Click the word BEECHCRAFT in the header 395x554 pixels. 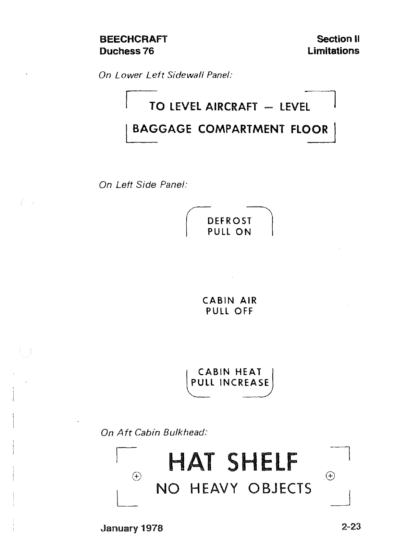click(133, 39)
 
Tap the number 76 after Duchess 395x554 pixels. click(148, 51)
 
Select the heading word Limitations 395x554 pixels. click(333, 51)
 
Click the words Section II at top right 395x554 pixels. click(338, 39)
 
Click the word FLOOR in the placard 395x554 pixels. click(309, 129)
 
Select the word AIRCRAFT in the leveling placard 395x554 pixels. click(231, 107)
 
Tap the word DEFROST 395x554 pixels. click(229, 221)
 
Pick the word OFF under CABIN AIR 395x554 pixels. click(243, 311)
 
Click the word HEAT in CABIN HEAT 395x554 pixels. click(248, 372)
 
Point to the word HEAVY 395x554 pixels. click(214, 489)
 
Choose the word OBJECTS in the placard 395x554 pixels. click(280, 489)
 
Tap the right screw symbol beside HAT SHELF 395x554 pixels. click(330, 476)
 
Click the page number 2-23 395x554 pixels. click(351, 527)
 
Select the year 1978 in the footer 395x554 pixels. click(152, 528)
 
